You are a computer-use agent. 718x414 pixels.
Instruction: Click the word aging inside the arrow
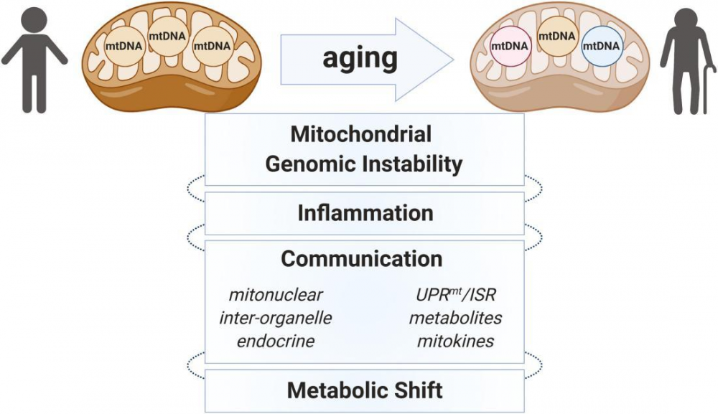point(360,59)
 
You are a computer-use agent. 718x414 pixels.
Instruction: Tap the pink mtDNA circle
point(510,46)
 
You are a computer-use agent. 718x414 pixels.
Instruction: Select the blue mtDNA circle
point(602,46)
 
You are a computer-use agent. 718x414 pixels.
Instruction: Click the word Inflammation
point(365,213)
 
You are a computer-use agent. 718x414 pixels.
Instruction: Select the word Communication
point(362,259)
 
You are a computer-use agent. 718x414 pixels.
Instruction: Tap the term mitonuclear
point(276,295)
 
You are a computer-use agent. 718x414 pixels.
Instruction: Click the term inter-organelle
point(276,318)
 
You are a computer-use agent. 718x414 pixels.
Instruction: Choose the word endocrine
point(276,341)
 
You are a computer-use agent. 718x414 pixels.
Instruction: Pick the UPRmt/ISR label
point(456,295)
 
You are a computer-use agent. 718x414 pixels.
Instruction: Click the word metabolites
point(456,318)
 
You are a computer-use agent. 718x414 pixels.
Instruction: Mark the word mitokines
point(456,341)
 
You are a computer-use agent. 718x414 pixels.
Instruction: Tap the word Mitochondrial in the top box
point(361,134)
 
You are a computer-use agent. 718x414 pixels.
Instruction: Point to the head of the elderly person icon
point(686,19)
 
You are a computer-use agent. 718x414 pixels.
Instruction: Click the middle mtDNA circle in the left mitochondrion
point(167,36)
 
